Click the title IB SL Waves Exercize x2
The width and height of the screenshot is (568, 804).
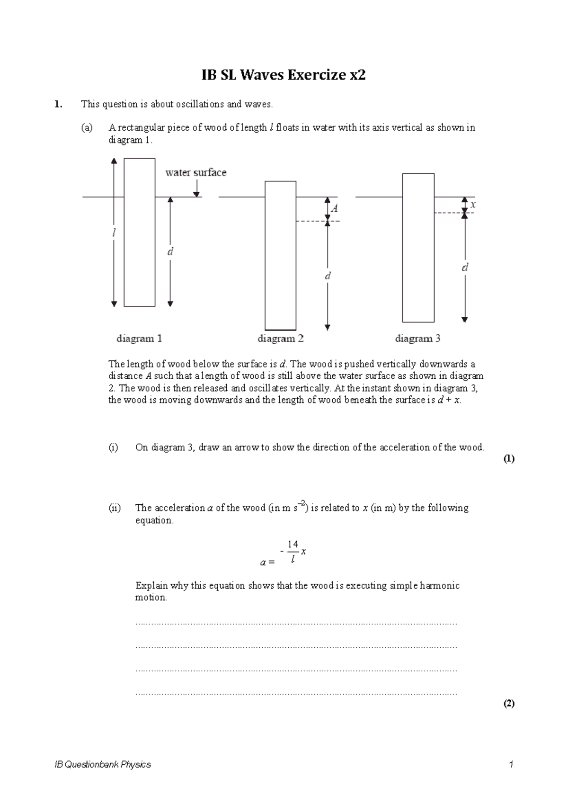point(284,75)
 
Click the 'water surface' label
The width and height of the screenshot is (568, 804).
point(195,173)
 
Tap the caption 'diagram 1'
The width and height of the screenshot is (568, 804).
point(139,339)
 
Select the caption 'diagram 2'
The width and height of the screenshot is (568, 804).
point(280,339)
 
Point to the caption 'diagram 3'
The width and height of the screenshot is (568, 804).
point(417,339)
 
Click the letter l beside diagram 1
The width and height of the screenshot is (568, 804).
point(114,233)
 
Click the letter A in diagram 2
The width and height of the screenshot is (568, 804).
point(335,208)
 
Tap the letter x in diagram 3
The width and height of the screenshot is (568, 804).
point(472,205)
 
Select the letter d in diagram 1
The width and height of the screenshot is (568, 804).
point(170,251)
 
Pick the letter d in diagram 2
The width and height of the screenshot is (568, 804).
point(327,276)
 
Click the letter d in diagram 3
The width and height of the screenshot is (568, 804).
point(465,268)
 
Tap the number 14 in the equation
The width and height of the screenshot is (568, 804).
point(293,544)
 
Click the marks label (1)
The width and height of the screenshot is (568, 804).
point(508,458)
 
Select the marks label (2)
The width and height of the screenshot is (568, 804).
point(508,704)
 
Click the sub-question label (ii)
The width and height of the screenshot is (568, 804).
point(114,508)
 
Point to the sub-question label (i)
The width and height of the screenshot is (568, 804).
point(113,447)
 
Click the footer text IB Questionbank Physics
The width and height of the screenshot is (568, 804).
point(103,764)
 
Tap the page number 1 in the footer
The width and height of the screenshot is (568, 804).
point(511,764)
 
